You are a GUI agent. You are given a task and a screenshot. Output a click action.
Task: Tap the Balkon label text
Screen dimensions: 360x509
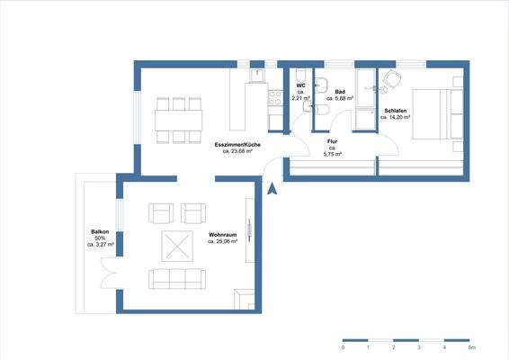click(100, 230)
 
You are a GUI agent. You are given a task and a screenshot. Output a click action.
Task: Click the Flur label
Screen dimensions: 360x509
click(333, 141)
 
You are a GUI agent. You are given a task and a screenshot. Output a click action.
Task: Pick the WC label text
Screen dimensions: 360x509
click(300, 85)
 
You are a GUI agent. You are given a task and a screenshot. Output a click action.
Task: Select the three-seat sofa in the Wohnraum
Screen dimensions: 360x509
click(176, 278)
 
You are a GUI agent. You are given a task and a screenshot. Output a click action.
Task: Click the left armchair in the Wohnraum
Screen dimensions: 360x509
click(163, 213)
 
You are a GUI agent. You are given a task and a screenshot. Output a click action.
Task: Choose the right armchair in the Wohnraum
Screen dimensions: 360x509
click(194, 213)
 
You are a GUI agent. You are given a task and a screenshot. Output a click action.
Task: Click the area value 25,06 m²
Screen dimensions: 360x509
click(222, 241)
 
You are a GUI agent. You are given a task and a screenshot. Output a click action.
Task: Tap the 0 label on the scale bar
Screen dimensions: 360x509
click(344, 346)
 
